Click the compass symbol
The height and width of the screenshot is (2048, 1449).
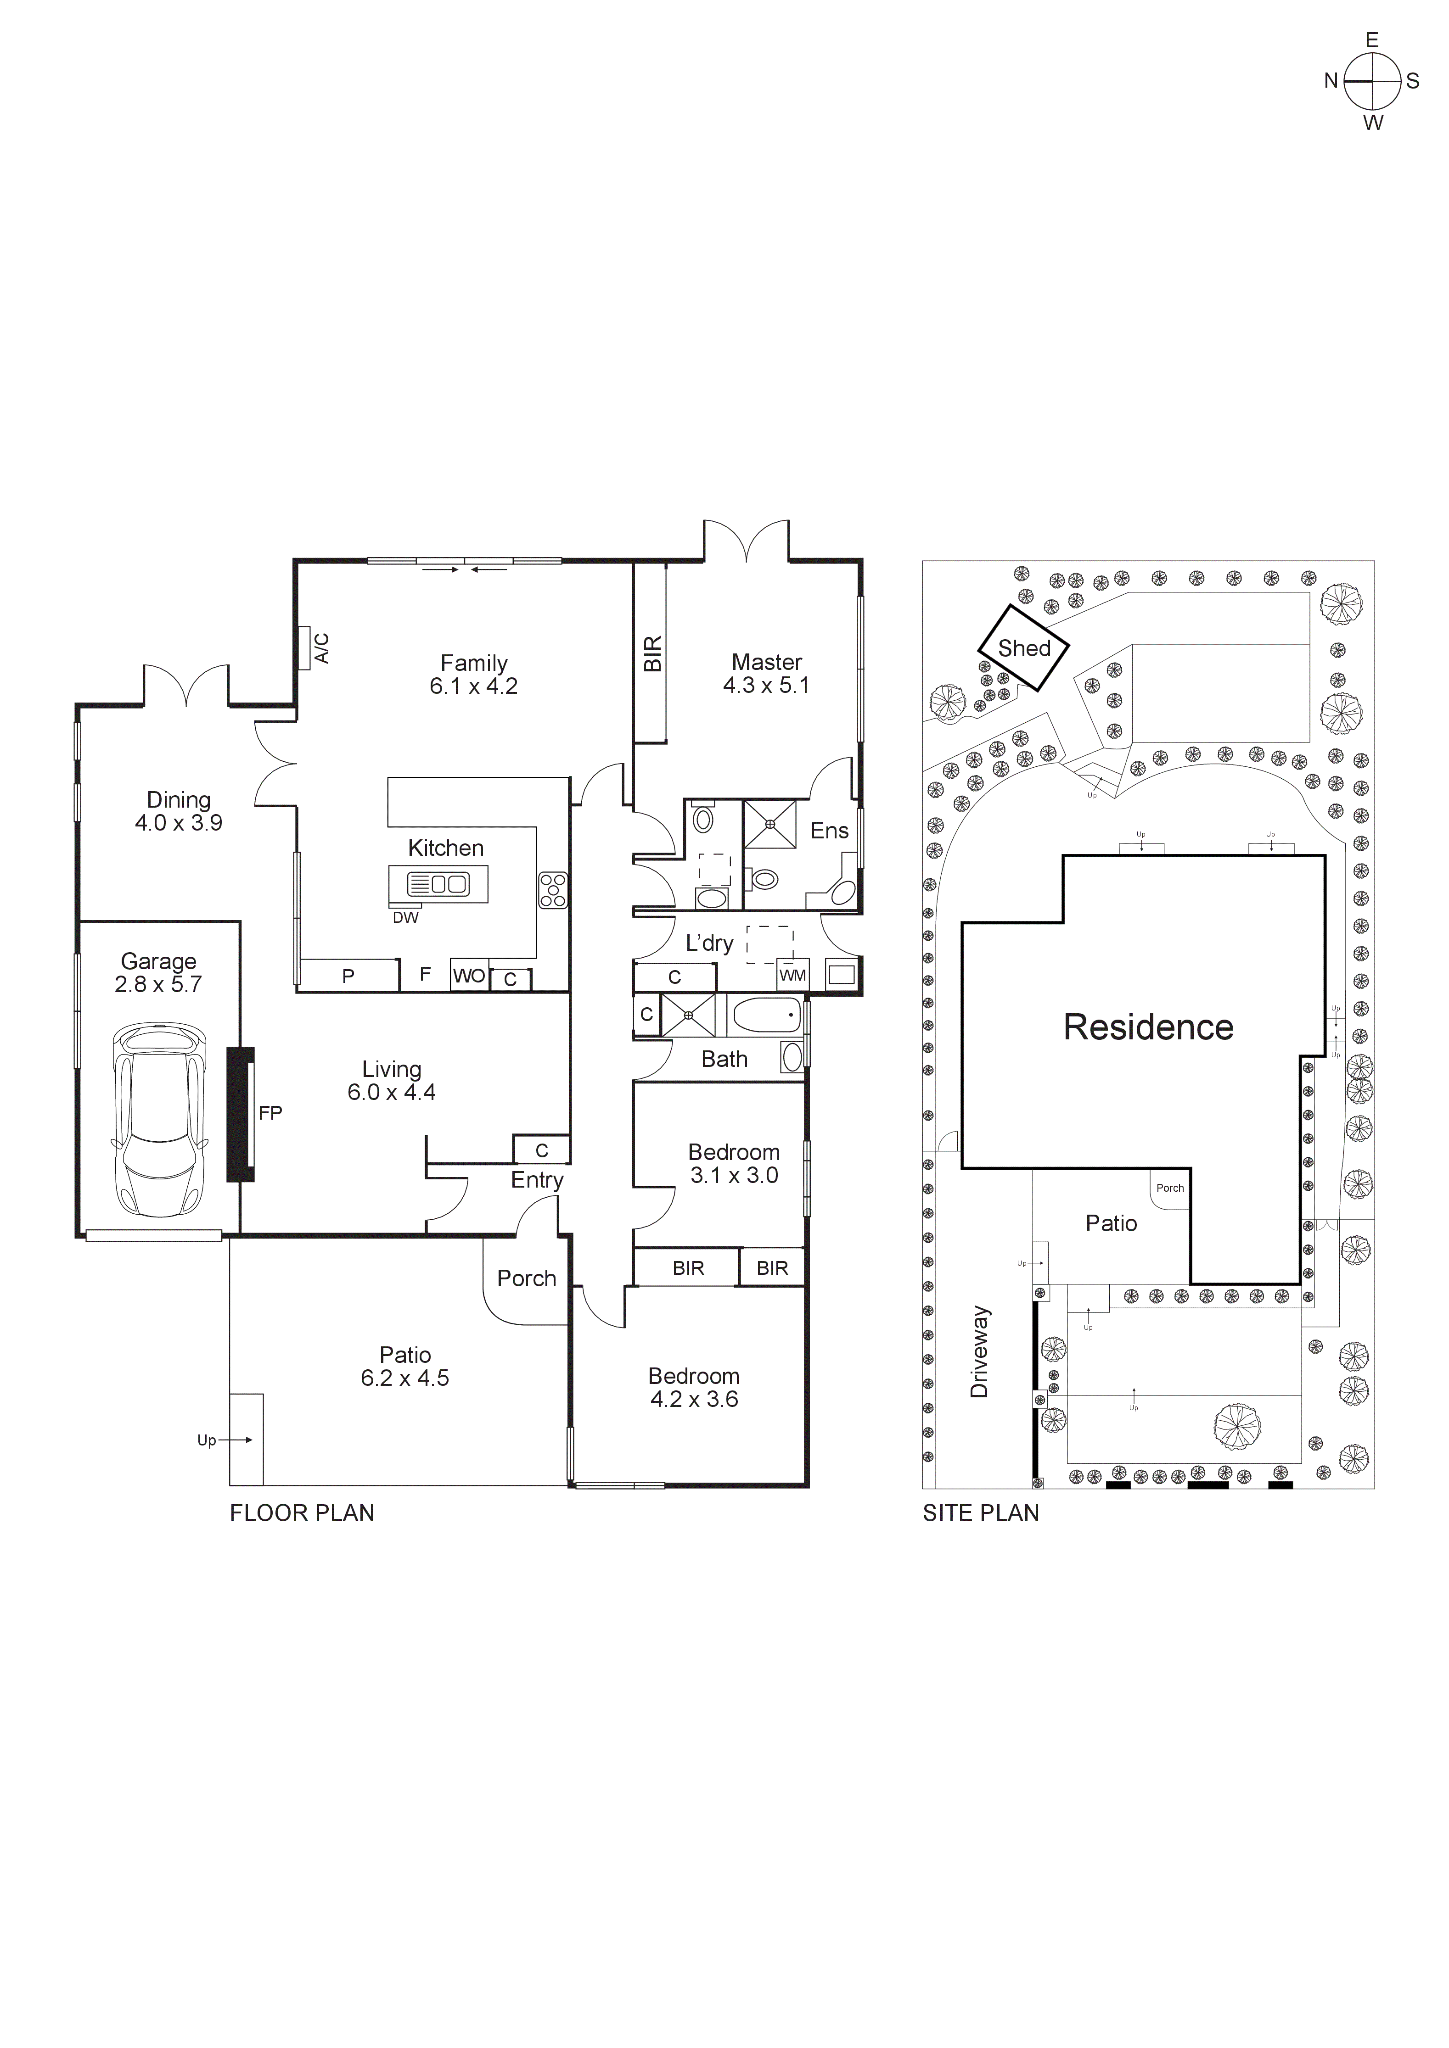coord(1372,80)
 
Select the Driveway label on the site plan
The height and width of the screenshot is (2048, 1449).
coord(980,1351)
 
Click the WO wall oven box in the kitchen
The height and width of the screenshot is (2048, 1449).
coord(468,976)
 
